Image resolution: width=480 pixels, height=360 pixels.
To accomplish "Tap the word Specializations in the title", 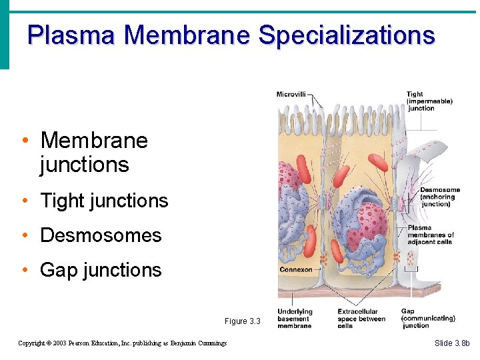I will point(346,35).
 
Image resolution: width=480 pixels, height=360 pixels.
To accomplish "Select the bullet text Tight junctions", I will point(104,201).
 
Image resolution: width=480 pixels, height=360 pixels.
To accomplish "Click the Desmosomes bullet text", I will point(101,235).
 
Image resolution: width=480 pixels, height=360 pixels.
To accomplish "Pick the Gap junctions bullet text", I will point(101,270).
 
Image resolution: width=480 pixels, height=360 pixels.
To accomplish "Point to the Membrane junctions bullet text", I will point(93,152).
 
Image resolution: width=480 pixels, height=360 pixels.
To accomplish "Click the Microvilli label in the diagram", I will point(291,95).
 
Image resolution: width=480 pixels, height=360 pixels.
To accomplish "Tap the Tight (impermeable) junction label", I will point(429,101).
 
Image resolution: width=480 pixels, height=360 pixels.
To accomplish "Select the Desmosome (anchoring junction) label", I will point(439,197).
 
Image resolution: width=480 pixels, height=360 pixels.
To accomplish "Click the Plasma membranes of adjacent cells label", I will point(430,235).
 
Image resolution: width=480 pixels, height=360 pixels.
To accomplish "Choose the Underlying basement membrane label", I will point(295,318).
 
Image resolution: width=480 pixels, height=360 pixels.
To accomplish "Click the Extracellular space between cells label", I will point(361,318).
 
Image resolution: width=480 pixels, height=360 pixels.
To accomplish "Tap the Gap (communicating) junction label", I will point(427,318).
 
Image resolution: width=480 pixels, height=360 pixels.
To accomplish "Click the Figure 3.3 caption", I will point(242,321).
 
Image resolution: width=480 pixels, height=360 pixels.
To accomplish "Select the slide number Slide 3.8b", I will point(452,343).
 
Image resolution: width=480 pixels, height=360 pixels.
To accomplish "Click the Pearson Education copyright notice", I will point(122,343).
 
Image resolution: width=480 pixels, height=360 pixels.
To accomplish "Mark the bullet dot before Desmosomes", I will point(24,235).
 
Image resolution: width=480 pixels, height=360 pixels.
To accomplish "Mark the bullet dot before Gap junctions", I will point(24,270).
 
